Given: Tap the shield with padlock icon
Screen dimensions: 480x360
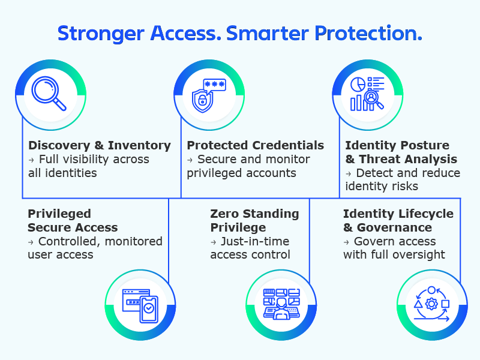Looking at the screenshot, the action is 202,100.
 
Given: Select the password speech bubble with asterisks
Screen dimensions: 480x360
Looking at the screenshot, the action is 215,85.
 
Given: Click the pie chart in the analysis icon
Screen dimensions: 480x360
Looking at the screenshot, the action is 358,84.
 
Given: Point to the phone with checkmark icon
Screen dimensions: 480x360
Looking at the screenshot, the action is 149,309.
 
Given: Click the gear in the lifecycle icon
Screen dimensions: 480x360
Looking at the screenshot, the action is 431,304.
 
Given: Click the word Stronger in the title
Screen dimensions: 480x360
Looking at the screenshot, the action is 101,34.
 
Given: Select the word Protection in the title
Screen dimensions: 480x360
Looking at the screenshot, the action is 368,34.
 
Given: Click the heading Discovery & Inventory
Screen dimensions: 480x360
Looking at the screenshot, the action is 100,145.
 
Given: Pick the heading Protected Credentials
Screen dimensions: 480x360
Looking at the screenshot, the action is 256,145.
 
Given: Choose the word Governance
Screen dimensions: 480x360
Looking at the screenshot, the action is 394,227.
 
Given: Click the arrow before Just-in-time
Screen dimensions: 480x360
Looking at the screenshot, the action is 214,242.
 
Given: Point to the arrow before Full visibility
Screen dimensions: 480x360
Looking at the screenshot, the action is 31,160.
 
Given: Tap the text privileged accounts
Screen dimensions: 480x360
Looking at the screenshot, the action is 242,173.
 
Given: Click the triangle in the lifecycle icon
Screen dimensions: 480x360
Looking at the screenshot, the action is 418,304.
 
